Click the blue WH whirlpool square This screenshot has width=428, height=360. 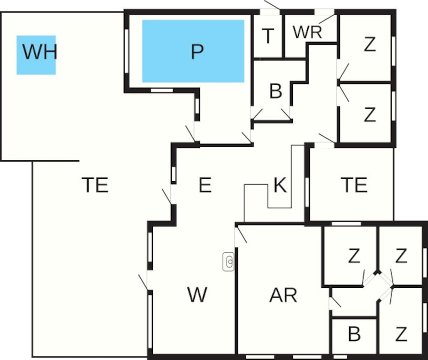[x=36, y=55]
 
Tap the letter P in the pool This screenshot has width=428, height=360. [x=196, y=52]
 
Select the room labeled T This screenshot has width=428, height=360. [x=267, y=37]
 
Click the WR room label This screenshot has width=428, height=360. [x=307, y=32]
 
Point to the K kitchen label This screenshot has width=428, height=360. [x=280, y=186]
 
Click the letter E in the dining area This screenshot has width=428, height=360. [x=205, y=185]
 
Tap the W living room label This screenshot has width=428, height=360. [x=197, y=295]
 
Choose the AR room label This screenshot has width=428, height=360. [x=283, y=295]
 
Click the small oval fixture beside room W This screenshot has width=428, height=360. [x=229, y=261]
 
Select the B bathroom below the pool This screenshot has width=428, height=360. [x=276, y=91]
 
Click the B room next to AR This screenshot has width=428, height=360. [x=354, y=335]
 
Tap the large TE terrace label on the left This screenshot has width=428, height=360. [x=95, y=185]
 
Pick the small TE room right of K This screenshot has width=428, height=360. [x=354, y=185]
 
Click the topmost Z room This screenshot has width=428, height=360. [x=369, y=45]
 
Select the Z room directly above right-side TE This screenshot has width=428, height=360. [x=369, y=115]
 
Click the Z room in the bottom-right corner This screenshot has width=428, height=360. [x=401, y=335]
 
